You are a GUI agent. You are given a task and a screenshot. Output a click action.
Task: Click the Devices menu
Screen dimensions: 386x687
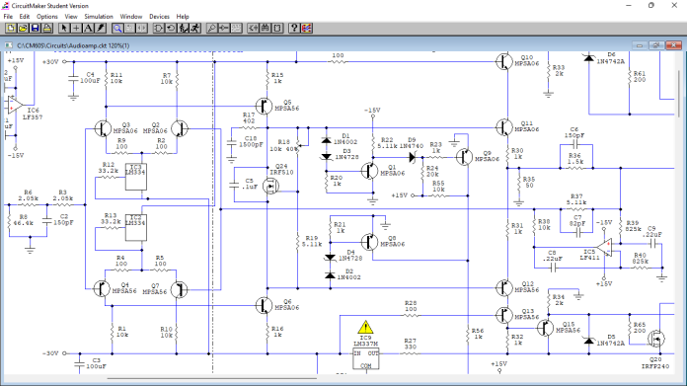point(159,17)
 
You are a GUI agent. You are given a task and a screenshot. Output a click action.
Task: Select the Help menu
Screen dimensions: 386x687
point(183,17)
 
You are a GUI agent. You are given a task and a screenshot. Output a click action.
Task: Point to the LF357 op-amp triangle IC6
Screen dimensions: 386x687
point(14,103)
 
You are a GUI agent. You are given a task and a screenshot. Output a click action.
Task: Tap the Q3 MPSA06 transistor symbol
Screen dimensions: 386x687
point(106,129)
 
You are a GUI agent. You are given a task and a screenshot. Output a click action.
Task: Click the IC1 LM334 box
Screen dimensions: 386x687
point(136,170)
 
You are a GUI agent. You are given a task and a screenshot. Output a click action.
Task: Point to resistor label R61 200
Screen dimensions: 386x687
point(640,76)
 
